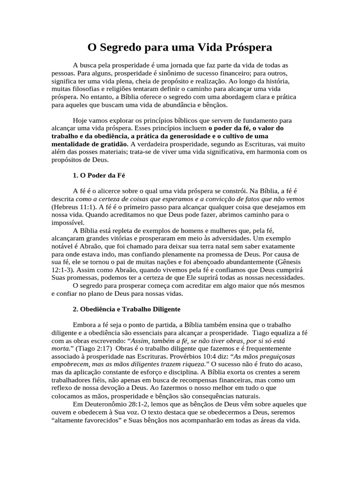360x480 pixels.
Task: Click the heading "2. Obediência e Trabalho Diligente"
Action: [127, 310]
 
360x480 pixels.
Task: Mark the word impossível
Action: [68, 223]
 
